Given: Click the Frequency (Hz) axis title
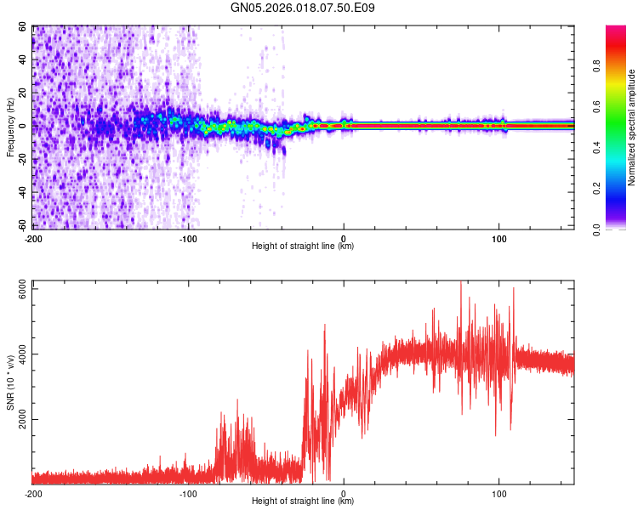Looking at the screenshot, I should (x=10, y=127).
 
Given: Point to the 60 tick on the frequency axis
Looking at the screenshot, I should (x=22, y=27).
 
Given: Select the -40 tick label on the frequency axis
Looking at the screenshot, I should (x=20, y=192).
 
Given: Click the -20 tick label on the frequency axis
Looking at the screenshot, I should (x=20, y=159).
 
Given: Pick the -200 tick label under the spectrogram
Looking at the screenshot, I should (x=33, y=238).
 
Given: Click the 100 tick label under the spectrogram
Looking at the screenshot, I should (x=499, y=238).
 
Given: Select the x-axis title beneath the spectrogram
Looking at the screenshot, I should (x=303, y=246).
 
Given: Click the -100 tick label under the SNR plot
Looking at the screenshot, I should (x=188, y=493).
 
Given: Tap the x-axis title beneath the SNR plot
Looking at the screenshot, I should (x=303, y=501).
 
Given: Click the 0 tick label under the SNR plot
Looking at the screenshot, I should (x=344, y=493).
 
